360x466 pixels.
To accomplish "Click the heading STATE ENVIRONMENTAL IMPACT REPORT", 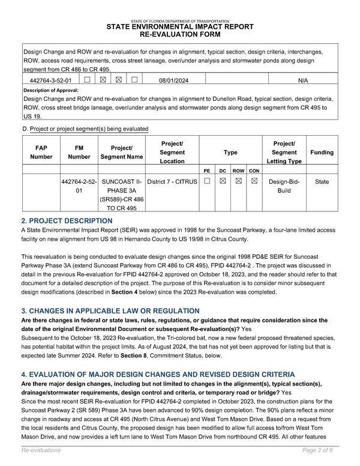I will tap(180, 28).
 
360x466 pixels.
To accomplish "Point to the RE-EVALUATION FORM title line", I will tap(180, 35).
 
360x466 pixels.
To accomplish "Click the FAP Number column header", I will tap(41, 153).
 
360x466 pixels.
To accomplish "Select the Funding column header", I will tap(322, 153).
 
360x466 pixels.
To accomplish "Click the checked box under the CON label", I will tap(254, 181).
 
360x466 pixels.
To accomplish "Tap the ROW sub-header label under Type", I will tap(238, 171).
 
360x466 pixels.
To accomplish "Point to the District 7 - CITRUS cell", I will tap(172, 181).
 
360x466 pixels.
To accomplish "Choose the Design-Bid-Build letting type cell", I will tap(284, 186).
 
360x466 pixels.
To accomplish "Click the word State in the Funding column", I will tap(322, 181).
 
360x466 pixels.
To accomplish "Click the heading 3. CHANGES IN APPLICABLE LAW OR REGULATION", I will tap(110, 311).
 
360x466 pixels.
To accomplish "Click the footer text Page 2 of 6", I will tap(320, 450).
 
